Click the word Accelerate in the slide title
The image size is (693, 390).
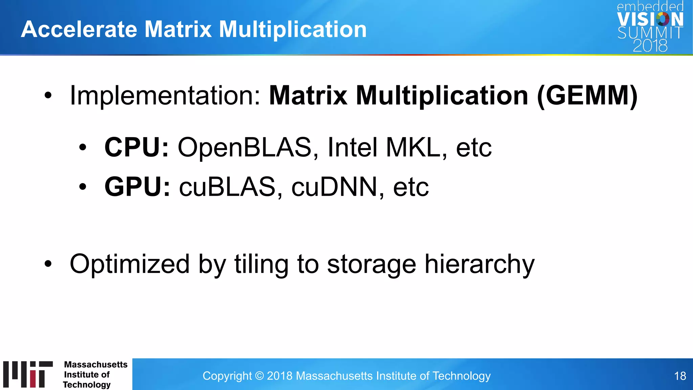point(79,29)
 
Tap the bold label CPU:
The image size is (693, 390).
point(136,148)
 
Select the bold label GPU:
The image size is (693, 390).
point(137,187)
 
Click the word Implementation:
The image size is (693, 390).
point(165,96)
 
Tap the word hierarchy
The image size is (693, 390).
point(479,264)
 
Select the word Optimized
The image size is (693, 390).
point(130,264)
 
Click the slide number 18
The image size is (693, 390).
point(680,376)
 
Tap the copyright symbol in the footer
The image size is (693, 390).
point(259,376)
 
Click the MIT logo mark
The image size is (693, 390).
point(28,374)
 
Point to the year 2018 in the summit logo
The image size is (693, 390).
point(650,46)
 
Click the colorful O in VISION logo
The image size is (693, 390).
point(663,19)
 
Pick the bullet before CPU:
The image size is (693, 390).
point(83,148)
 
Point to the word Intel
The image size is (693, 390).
point(352,148)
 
